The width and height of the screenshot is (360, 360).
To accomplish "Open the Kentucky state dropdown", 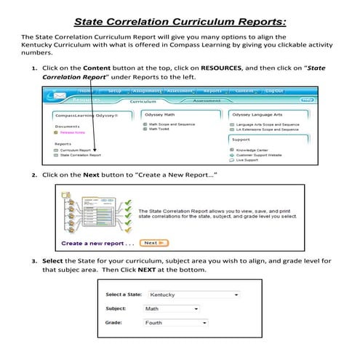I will [x=193, y=295].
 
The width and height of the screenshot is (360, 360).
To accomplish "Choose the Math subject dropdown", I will [x=172, y=308].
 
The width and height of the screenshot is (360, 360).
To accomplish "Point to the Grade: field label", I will [x=115, y=321].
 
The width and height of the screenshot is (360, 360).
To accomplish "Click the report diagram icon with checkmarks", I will [x=95, y=211].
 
